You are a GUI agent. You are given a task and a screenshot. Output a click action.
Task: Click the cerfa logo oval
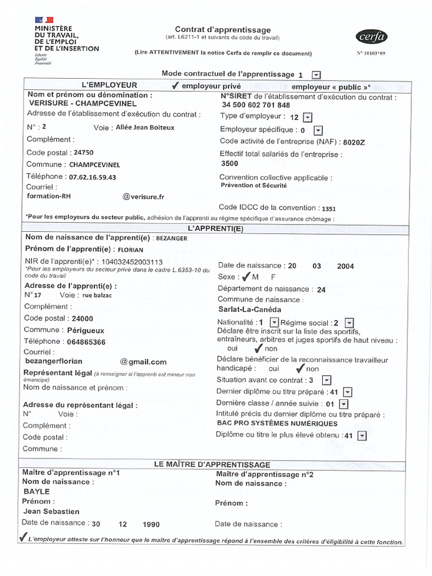tap(372, 37)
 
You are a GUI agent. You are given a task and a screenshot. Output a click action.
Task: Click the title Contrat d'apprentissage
tap(223, 30)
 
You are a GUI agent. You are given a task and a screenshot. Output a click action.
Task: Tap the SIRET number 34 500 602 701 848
tap(256, 105)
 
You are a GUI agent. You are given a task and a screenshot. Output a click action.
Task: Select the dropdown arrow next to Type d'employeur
tap(307, 117)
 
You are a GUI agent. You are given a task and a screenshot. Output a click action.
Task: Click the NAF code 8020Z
tap(354, 142)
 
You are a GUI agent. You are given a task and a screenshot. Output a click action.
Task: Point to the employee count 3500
tap(230, 164)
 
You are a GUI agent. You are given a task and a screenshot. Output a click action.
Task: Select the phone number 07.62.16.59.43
tap(92, 177)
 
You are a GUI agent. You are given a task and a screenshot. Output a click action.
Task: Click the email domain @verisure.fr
tap(143, 197)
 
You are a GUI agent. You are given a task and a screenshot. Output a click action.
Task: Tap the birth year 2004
tap(345, 266)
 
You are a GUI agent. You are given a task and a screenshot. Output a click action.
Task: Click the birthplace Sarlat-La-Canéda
tap(249, 309)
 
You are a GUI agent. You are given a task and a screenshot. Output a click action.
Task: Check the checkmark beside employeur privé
tap(175, 86)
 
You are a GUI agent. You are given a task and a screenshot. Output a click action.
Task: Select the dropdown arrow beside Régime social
tap(349, 322)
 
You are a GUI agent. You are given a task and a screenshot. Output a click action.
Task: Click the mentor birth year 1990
tap(151, 524)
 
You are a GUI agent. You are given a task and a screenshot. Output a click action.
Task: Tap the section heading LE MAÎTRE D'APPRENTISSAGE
tap(212, 465)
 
